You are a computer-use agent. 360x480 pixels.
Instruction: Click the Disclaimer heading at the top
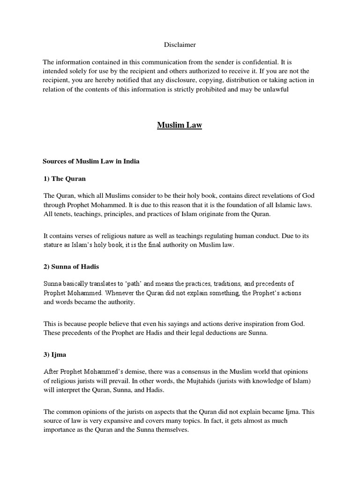[x=180, y=45]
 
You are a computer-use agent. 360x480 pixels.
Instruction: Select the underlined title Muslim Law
[x=180, y=126]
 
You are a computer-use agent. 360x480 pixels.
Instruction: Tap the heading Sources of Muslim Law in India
[x=91, y=161]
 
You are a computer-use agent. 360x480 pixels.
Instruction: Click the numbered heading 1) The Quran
[x=64, y=179]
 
